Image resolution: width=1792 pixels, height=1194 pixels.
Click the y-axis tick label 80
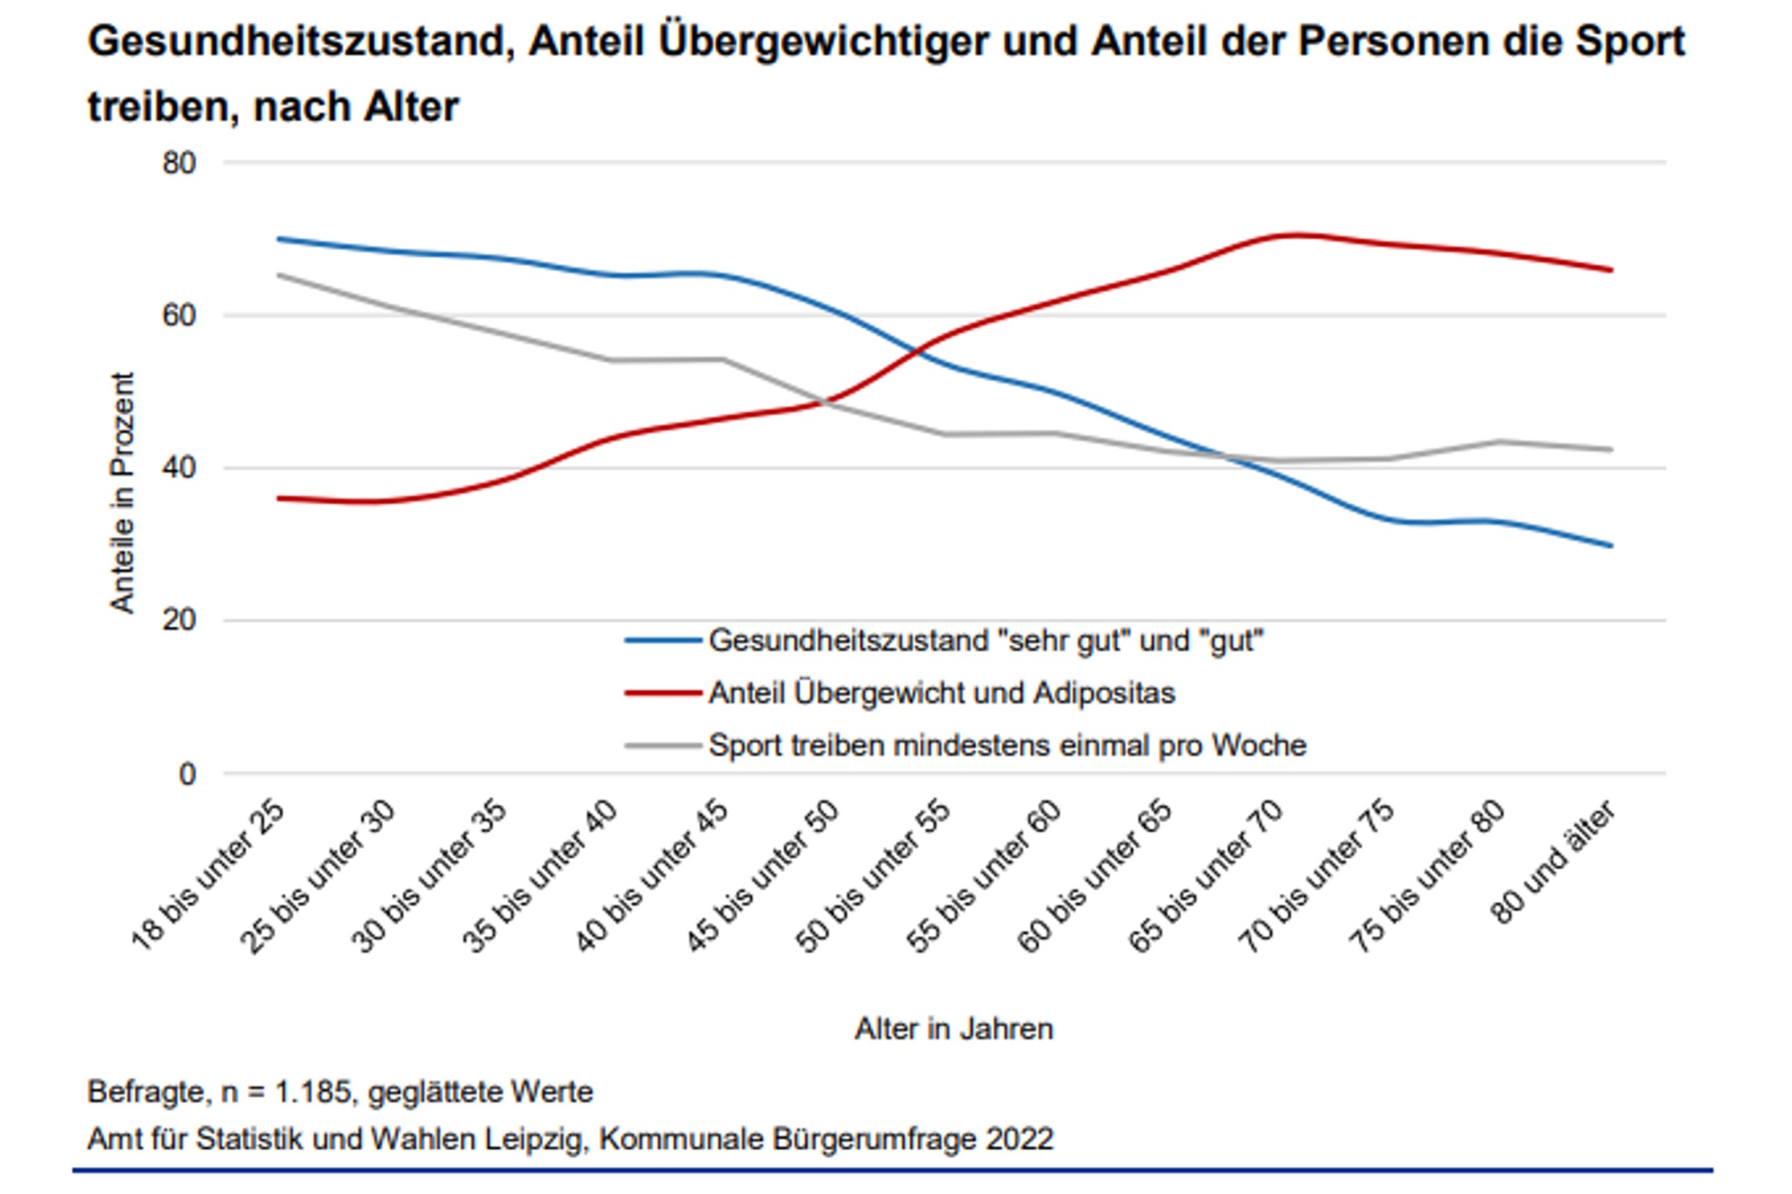click(x=178, y=164)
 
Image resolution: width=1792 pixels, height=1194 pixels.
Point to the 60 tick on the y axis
click(x=178, y=316)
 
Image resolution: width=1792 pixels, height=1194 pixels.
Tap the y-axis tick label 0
click(x=186, y=774)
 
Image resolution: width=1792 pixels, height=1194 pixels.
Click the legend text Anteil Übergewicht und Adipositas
click(x=941, y=694)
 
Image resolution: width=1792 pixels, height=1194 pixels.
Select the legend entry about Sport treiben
click(x=1007, y=746)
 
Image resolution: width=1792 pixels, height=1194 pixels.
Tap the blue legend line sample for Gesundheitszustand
click(x=663, y=641)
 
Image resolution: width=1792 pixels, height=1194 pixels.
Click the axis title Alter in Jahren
click(x=954, y=1029)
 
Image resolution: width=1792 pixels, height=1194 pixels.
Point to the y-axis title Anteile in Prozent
click(x=122, y=492)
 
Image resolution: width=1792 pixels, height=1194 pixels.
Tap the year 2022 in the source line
click(x=1019, y=1139)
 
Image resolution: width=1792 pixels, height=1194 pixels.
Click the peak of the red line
click(x=1293, y=234)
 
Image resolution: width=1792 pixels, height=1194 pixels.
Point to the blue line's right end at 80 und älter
click(x=1611, y=546)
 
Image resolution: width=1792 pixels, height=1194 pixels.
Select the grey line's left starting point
click(x=277, y=276)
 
